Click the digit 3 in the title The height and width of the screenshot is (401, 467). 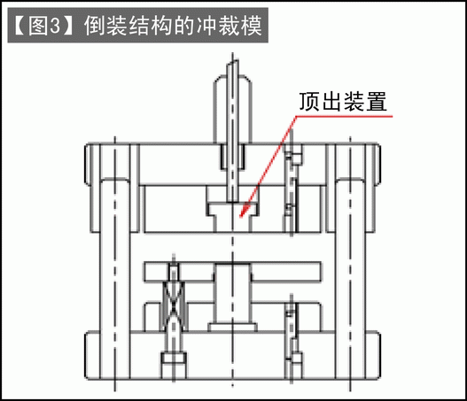click(56, 26)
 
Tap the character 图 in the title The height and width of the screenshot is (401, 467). click(37, 26)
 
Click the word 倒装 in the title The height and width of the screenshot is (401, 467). click(105, 26)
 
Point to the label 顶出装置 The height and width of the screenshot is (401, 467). click(343, 102)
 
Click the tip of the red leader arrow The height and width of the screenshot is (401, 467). click(240, 218)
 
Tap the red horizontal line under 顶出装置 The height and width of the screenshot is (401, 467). click(344, 116)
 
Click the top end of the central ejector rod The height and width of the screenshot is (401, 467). click(232, 61)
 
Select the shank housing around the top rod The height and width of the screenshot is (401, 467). click(232, 110)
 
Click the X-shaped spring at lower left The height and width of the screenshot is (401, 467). click(174, 306)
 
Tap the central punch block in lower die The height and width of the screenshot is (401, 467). click(233, 294)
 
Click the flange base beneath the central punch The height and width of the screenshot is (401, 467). click(232, 328)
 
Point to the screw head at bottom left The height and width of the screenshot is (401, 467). click(174, 359)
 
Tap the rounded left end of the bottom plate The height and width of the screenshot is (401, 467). click(87, 356)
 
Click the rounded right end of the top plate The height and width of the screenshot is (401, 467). click(377, 165)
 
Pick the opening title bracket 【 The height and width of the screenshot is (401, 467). click(19, 26)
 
